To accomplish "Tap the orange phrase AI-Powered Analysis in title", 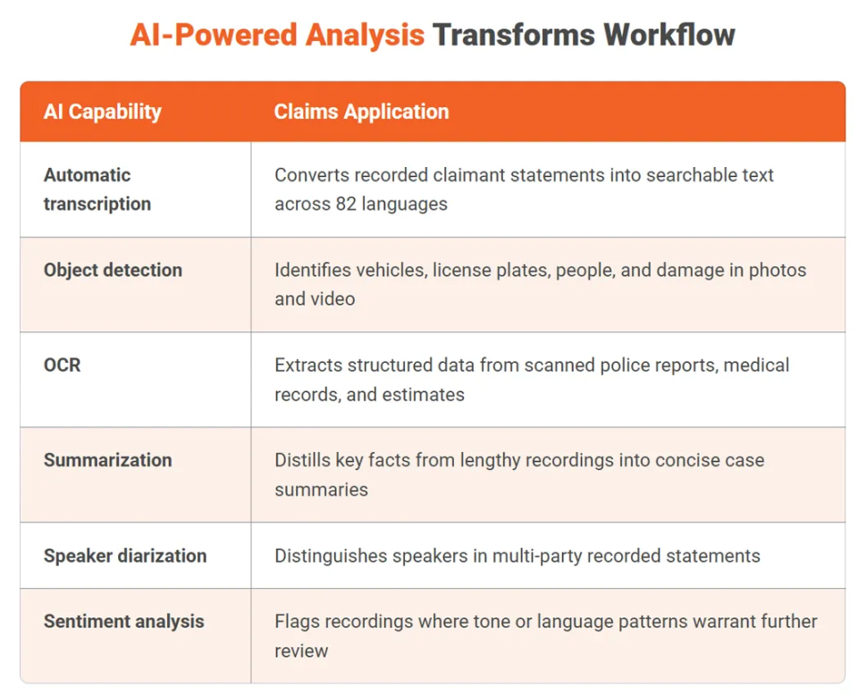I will pyautogui.click(x=277, y=35).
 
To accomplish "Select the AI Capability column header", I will pyautogui.click(x=102, y=112).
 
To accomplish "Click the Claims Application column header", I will pyautogui.click(x=361, y=112).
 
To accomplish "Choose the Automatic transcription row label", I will pyautogui.click(x=97, y=189).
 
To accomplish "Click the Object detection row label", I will pyautogui.click(x=113, y=270).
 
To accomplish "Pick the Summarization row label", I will pyautogui.click(x=107, y=460).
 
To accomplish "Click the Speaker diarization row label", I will pyautogui.click(x=124, y=556).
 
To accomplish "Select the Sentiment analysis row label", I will pyautogui.click(x=123, y=621).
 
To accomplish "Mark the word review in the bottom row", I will pyautogui.click(x=301, y=650).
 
